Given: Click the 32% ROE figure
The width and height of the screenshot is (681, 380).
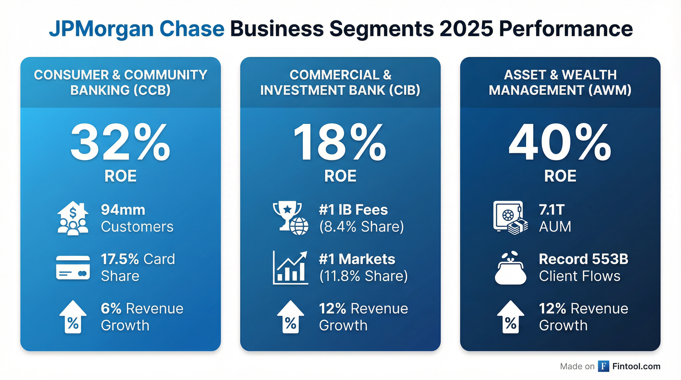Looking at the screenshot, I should (120, 143).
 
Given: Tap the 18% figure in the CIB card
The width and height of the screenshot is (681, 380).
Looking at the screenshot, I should (340, 143).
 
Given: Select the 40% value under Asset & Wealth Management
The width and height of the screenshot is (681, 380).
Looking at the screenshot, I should (560, 143).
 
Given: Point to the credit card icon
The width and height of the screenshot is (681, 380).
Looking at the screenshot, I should (73, 267).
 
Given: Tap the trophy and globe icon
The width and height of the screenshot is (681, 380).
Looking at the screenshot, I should (290, 218).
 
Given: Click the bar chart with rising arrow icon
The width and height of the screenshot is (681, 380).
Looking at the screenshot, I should (290, 267).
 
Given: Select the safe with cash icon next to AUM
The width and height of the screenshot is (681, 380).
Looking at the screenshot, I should (510, 218).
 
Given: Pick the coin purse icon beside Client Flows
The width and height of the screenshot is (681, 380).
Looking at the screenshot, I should (510, 268).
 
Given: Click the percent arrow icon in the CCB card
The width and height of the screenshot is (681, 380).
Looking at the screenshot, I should (73, 317).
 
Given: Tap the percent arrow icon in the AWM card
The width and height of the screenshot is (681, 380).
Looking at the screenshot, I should (510, 317).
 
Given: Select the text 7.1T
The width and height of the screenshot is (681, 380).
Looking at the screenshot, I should (552, 210).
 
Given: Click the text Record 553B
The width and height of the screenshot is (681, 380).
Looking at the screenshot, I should (584, 259).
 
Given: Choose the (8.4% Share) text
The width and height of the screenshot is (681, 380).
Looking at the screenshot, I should (361, 227).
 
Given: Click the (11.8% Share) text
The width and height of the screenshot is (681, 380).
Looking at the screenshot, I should (364, 276).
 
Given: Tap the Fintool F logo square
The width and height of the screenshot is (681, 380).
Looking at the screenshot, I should (603, 366).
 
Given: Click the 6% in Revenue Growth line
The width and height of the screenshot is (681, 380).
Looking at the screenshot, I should (111, 309).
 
